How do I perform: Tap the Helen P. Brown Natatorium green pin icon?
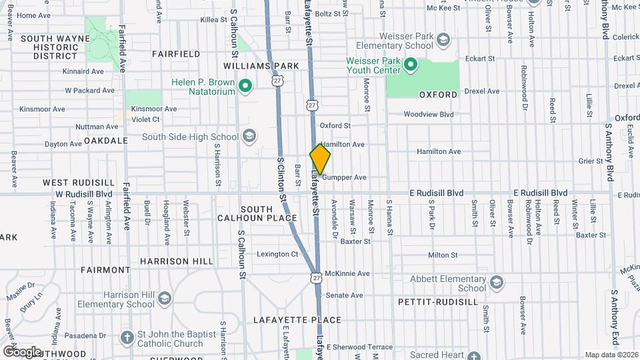click(245, 85)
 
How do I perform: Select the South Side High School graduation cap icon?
click(249, 137)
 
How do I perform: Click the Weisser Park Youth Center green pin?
click(411, 65)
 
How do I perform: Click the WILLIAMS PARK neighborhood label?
click(261, 66)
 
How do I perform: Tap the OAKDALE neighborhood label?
click(105, 141)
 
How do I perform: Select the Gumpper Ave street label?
click(344, 177)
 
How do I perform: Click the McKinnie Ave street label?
click(347, 273)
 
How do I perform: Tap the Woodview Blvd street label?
click(428, 115)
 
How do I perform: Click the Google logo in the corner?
click(21, 351)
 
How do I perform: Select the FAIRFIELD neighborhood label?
click(176, 53)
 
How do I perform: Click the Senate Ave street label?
click(344, 295)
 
